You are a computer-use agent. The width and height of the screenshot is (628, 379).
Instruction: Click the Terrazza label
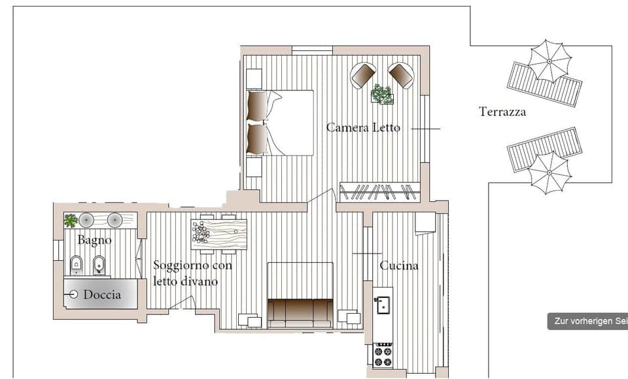point(502,112)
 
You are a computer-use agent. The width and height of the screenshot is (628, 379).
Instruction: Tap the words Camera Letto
point(363,127)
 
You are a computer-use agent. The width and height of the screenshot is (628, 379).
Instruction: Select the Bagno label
point(94,240)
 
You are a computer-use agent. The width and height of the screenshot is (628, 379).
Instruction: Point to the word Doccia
point(102,295)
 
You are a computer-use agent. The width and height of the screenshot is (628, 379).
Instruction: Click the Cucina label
point(399,265)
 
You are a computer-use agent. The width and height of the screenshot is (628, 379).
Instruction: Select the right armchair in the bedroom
point(400,74)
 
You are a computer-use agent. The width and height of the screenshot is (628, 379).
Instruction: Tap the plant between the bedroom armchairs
point(382,94)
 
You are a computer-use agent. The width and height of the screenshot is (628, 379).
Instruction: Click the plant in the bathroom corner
point(70,220)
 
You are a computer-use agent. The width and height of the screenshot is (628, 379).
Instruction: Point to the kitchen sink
point(383,305)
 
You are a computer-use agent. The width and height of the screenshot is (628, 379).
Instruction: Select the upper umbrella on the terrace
point(549,61)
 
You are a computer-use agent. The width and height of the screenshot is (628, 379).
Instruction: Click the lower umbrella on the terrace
point(549,172)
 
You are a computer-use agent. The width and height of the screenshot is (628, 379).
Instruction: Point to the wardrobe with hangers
point(379,191)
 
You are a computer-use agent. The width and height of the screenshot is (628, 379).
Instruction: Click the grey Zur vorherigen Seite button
point(587,321)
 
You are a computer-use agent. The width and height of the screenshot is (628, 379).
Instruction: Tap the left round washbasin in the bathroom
point(87,220)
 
